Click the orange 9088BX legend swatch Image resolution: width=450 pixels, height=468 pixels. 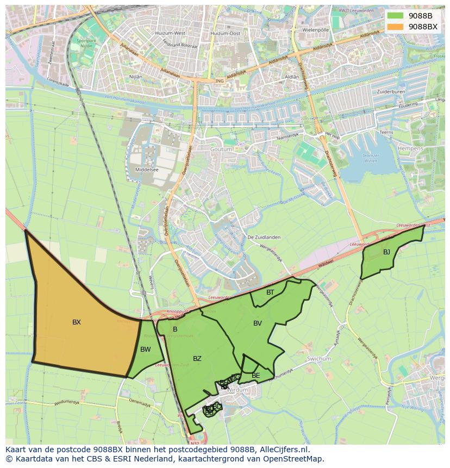395,27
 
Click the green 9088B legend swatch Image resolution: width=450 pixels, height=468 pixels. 395,16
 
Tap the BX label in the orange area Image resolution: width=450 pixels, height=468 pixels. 77,322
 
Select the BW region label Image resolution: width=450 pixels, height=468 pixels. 145,350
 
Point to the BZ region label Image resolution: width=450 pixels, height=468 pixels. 197,359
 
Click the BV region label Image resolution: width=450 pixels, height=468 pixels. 258,323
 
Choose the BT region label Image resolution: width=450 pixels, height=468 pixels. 270,292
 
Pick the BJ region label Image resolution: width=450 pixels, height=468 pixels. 386,252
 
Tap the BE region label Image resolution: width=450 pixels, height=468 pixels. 256,376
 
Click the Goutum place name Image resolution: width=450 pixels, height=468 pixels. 222,149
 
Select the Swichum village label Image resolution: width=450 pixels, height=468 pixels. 319,359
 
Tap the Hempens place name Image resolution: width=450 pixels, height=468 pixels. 426,148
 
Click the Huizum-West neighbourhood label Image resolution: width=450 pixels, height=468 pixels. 170,34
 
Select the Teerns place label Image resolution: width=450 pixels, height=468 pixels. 386,132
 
